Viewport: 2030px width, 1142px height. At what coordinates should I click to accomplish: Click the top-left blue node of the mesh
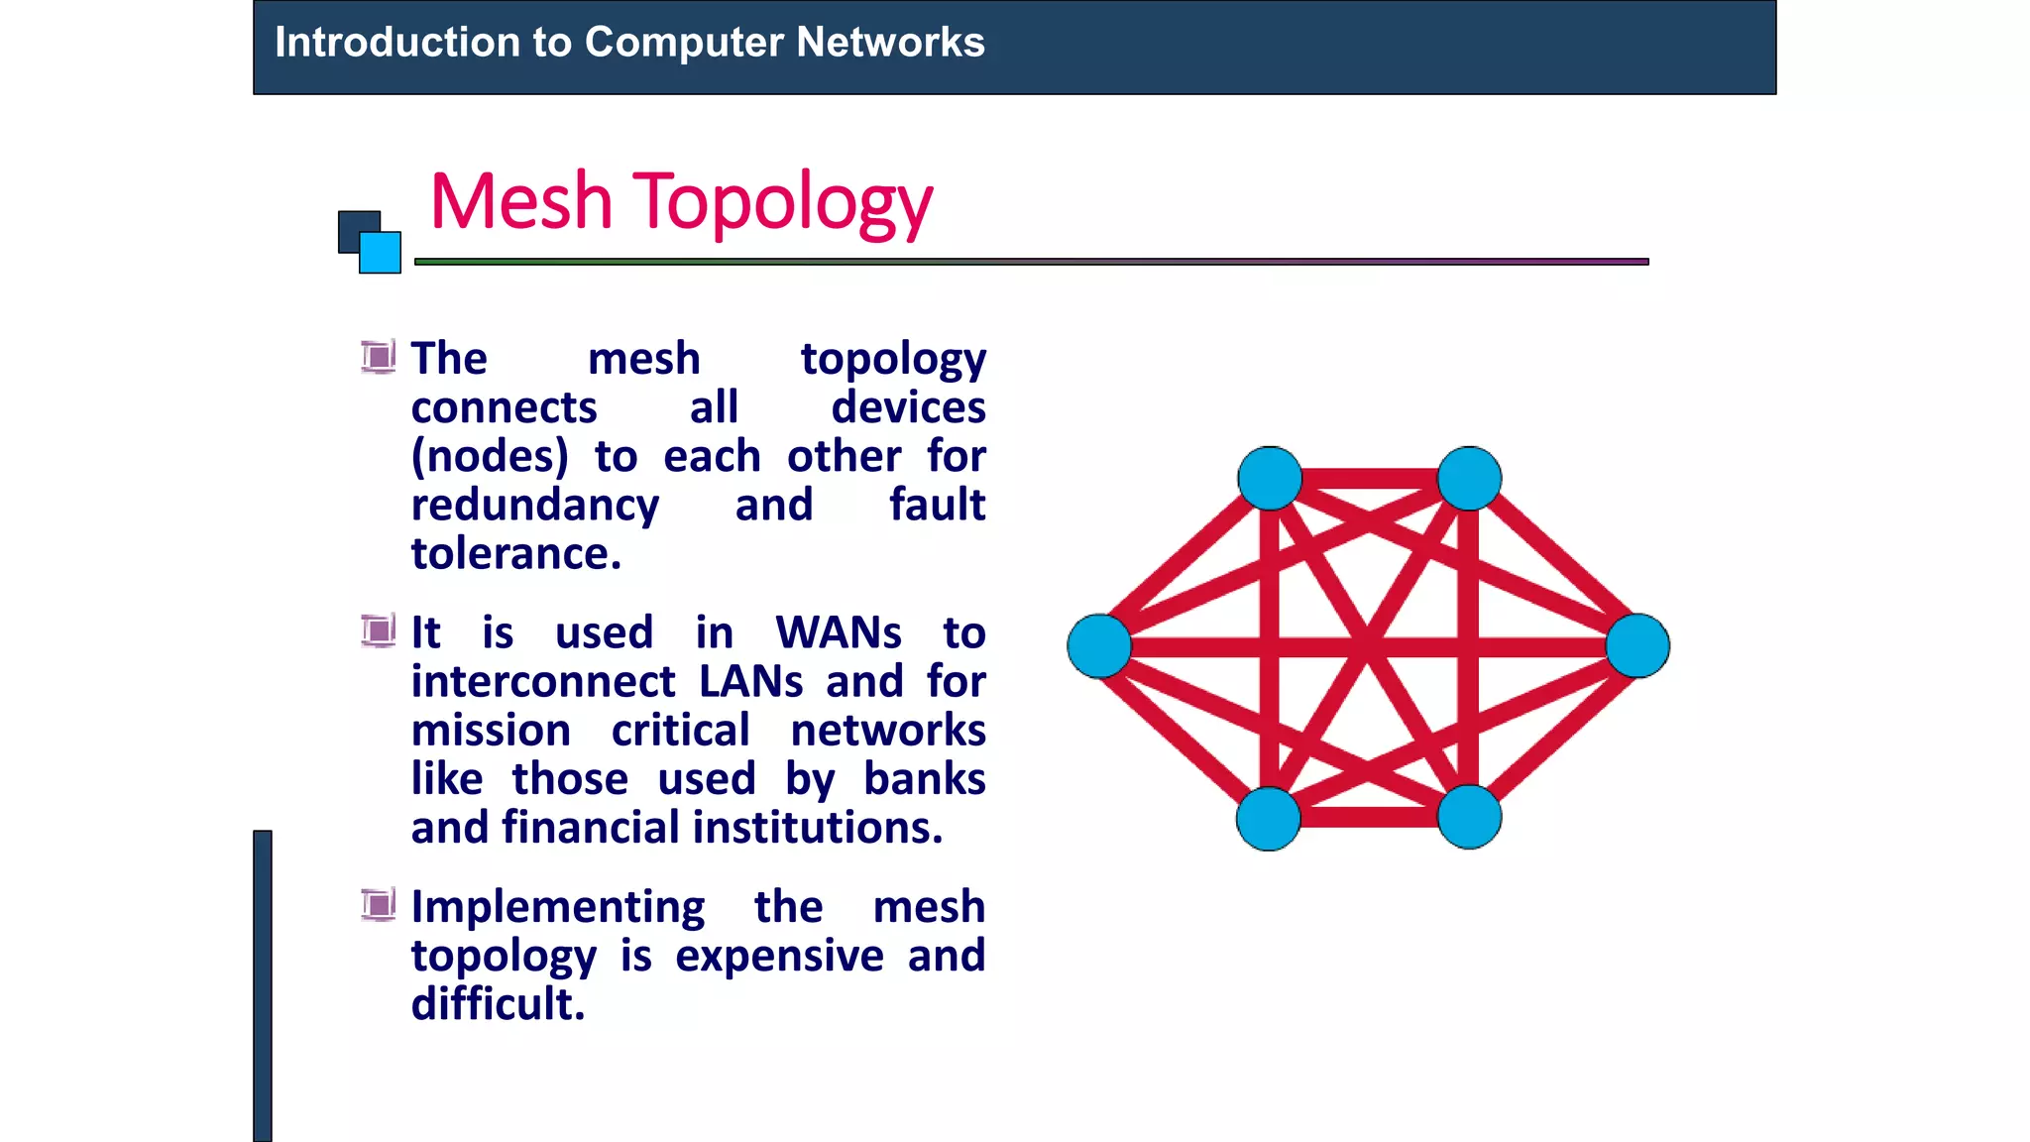tap(1270, 478)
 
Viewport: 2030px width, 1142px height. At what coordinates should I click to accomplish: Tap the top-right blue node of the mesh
tap(1469, 478)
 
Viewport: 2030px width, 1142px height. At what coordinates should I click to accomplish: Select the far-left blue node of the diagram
tap(1099, 646)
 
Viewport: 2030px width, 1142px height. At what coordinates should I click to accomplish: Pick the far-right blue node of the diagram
tap(1637, 646)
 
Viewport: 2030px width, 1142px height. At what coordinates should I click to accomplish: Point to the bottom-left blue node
tap(1269, 818)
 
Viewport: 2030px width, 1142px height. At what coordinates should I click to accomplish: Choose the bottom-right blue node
tap(1469, 817)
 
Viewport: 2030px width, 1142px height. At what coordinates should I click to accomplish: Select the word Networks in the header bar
tap(890, 43)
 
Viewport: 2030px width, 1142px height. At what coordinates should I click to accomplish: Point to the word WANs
tap(839, 632)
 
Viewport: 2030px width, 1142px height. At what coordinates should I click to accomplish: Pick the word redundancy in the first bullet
tap(535, 506)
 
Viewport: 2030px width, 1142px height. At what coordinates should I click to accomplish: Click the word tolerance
tap(515, 553)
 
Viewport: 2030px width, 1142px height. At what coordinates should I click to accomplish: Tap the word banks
tap(924, 779)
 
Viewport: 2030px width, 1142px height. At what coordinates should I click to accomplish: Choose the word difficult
tap(498, 1004)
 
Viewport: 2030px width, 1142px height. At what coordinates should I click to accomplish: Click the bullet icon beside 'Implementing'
tap(378, 904)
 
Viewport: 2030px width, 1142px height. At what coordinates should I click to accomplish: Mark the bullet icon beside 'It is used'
tap(378, 630)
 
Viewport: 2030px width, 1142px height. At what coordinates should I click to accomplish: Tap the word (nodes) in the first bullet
tap(490, 457)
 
